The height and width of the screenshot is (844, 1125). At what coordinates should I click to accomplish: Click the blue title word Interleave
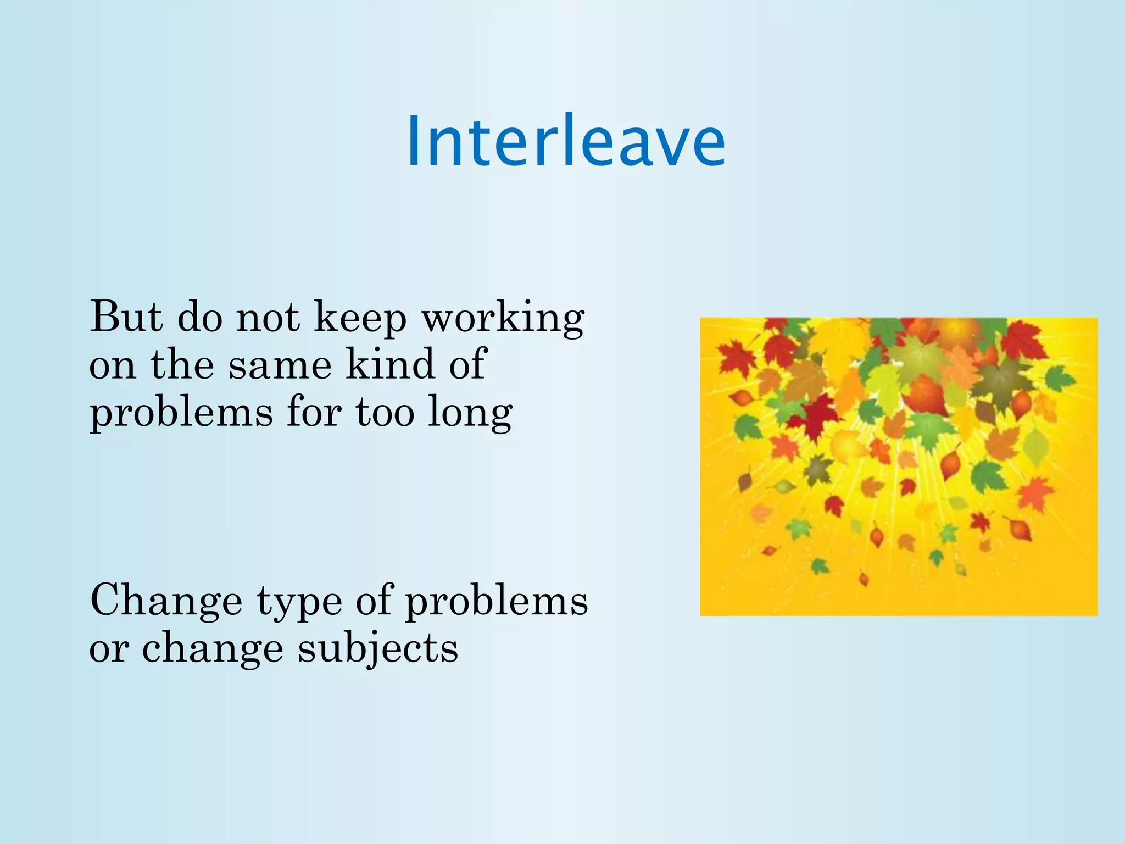click(566, 142)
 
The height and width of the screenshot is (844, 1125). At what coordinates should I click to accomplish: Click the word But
click(126, 317)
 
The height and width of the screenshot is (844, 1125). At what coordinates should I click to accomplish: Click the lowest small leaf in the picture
click(864, 579)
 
